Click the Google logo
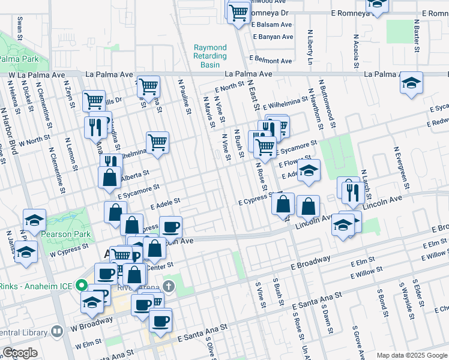tap(20, 353)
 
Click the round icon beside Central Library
tap(57, 331)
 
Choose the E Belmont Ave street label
tap(271, 61)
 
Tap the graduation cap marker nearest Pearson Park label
tap(34, 220)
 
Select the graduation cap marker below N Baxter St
tap(411, 83)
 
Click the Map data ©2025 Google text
tap(412, 355)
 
